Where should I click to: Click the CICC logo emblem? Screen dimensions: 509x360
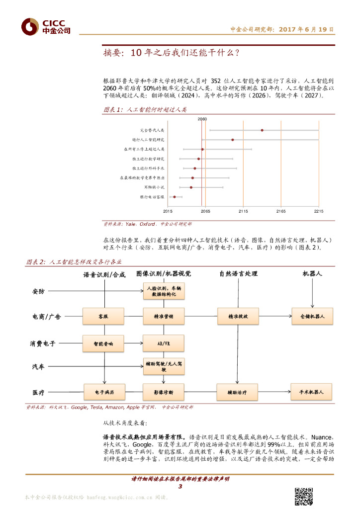tap(29, 26)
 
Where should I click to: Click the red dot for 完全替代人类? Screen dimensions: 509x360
tap(262, 130)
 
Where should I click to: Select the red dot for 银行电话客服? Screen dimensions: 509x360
tap(174, 197)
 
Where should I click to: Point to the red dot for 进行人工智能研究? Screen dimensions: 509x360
tap(233, 140)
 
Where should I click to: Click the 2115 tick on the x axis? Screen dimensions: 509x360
tap(243, 211)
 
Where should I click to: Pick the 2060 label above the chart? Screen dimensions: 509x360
tap(202, 119)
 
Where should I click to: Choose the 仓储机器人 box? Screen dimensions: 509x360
tap(312, 316)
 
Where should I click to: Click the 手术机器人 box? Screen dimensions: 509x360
tap(312, 392)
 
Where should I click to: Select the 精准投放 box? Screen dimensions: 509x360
tap(237, 316)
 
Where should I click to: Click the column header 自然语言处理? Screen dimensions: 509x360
tap(237, 274)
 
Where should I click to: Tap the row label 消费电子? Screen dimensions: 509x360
tap(44, 343)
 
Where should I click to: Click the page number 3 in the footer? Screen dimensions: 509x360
tap(180, 486)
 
